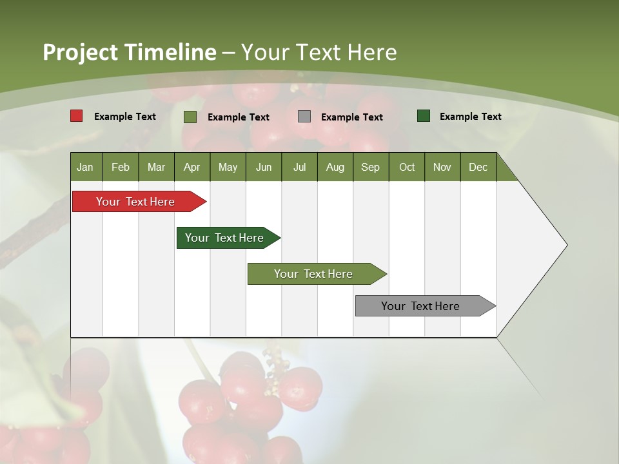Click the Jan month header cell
click(x=86, y=168)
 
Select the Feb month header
click(x=121, y=168)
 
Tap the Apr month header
click(x=192, y=168)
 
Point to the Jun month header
click(x=264, y=168)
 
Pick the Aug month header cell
click(x=335, y=168)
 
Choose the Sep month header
click(x=371, y=168)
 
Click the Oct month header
click(x=407, y=168)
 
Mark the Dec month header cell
click(x=478, y=168)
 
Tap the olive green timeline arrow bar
click(x=314, y=274)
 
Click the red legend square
click(x=77, y=116)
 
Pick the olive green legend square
click(x=190, y=117)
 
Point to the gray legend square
click(x=304, y=117)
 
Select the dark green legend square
click(x=424, y=116)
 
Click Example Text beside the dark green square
click(x=470, y=117)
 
